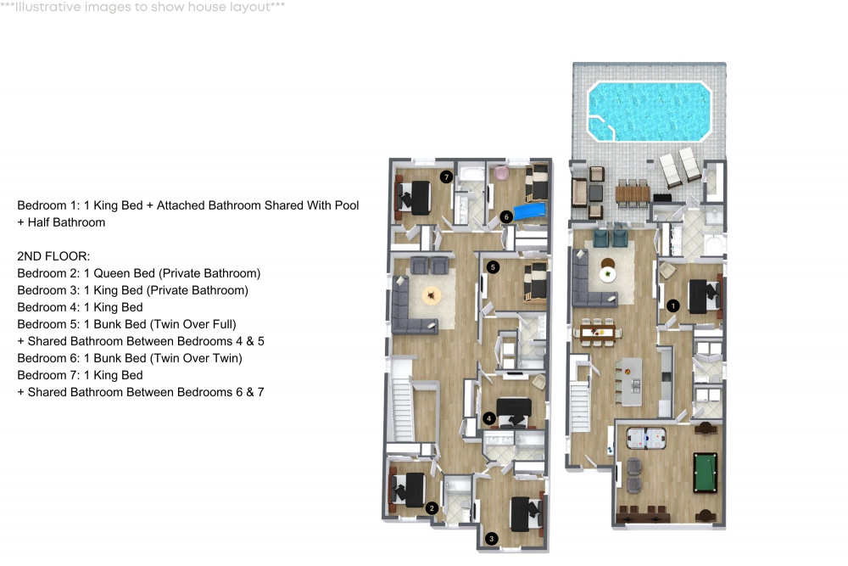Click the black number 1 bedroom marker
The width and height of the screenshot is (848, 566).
673,305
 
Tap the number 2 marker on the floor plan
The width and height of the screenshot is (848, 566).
432,507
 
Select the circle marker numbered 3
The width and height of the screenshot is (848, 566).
492,537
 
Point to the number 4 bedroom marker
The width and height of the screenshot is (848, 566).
488,417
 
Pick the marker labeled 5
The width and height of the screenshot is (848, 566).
493,267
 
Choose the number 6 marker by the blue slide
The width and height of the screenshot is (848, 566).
505,216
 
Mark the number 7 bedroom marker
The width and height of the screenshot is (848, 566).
446,177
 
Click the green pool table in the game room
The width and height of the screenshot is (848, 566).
705,471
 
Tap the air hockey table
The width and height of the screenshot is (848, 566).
645,438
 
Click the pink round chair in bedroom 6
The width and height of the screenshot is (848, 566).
500,173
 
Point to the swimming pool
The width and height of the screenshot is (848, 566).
650,111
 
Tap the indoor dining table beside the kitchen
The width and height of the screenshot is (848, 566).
598,332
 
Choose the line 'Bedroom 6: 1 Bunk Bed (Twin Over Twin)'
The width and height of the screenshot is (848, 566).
130,358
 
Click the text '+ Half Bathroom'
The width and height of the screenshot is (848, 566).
61,222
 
